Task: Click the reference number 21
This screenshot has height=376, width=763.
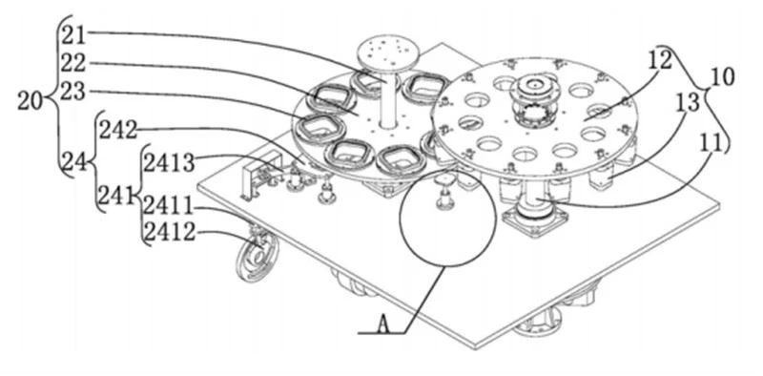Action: point(73,35)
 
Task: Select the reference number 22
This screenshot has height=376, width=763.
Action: point(73,63)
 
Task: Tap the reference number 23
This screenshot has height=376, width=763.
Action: point(73,92)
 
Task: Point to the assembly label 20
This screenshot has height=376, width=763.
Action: point(31,101)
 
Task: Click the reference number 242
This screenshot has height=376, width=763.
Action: point(118,131)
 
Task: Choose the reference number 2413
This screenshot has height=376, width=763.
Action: point(169,163)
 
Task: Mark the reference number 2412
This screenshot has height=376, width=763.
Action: point(170,233)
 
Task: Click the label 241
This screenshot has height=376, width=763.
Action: point(116,197)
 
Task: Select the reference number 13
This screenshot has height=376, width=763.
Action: point(687,103)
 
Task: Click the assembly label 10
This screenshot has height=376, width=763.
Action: point(722,77)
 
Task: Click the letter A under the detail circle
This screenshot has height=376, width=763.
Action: point(384,324)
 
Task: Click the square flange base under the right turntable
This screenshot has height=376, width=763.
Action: point(535,220)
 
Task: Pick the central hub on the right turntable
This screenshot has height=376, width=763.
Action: point(534,101)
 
